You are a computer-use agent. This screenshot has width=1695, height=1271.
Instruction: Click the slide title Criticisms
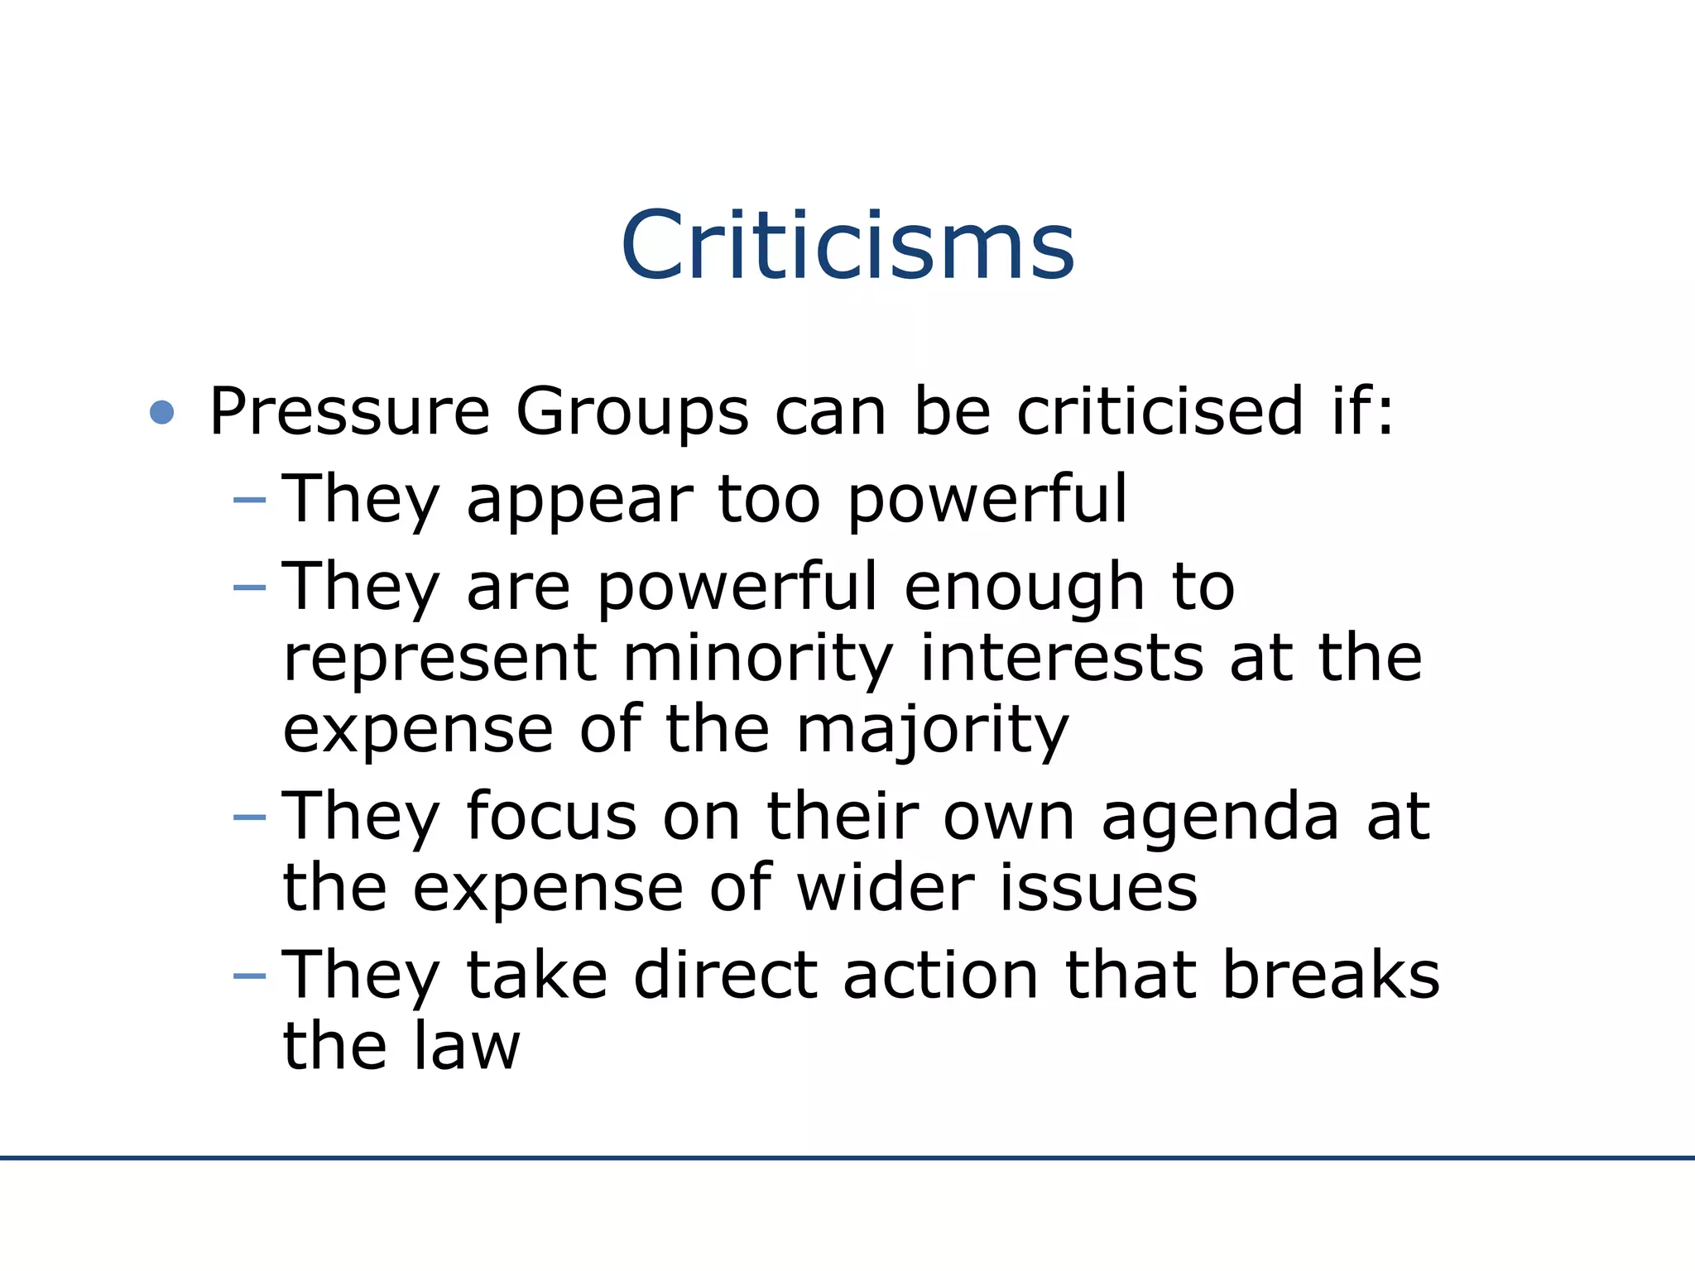[x=847, y=246]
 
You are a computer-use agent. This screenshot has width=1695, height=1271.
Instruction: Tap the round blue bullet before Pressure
[x=162, y=412]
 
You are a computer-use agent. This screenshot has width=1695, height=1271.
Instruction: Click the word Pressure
[x=350, y=411]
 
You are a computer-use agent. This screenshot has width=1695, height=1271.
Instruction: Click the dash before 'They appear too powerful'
[x=250, y=500]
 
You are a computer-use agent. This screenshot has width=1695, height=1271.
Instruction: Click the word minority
[x=758, y=660]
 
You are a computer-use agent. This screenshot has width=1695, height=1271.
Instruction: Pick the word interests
[x=1063, y=659]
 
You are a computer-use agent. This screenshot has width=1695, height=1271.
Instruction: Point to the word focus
[x=551, y=818]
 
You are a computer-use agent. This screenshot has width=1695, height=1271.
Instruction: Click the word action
[x=941, y=976]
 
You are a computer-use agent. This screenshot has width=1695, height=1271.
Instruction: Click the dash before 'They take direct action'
[x=250, y=976]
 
